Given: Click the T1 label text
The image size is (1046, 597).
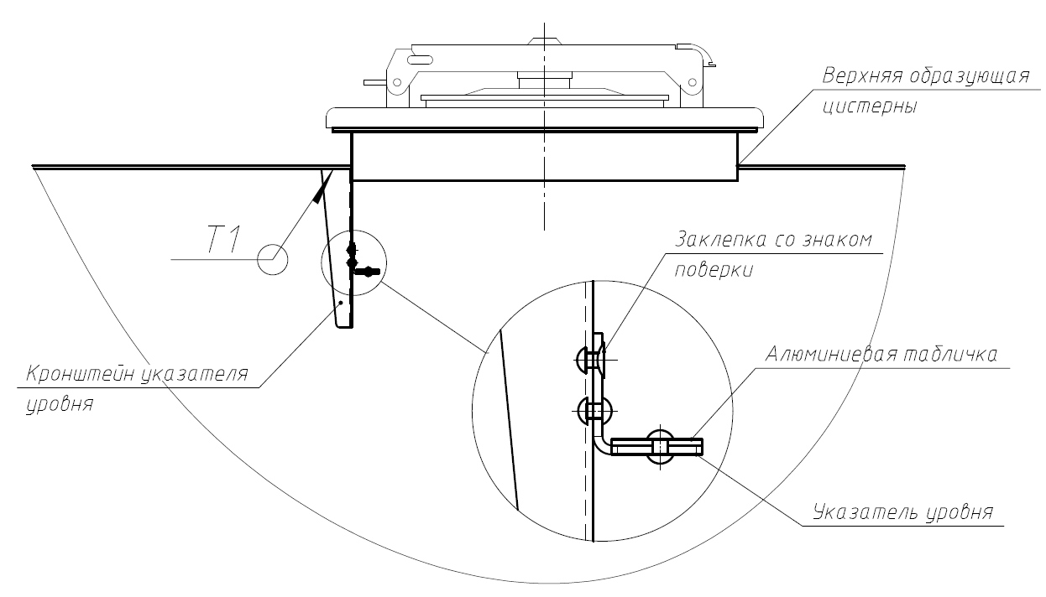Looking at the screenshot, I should tap(223, 241).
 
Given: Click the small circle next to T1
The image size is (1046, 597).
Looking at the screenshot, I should tap(272, 259).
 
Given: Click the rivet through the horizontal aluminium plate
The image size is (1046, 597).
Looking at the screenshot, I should tap(659, 446).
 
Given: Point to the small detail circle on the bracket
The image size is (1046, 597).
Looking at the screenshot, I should tap(354, 262).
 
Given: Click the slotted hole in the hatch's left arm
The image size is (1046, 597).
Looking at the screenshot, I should tap(421, 60).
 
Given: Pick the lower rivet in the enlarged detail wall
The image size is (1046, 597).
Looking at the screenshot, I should tap(593, 411).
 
